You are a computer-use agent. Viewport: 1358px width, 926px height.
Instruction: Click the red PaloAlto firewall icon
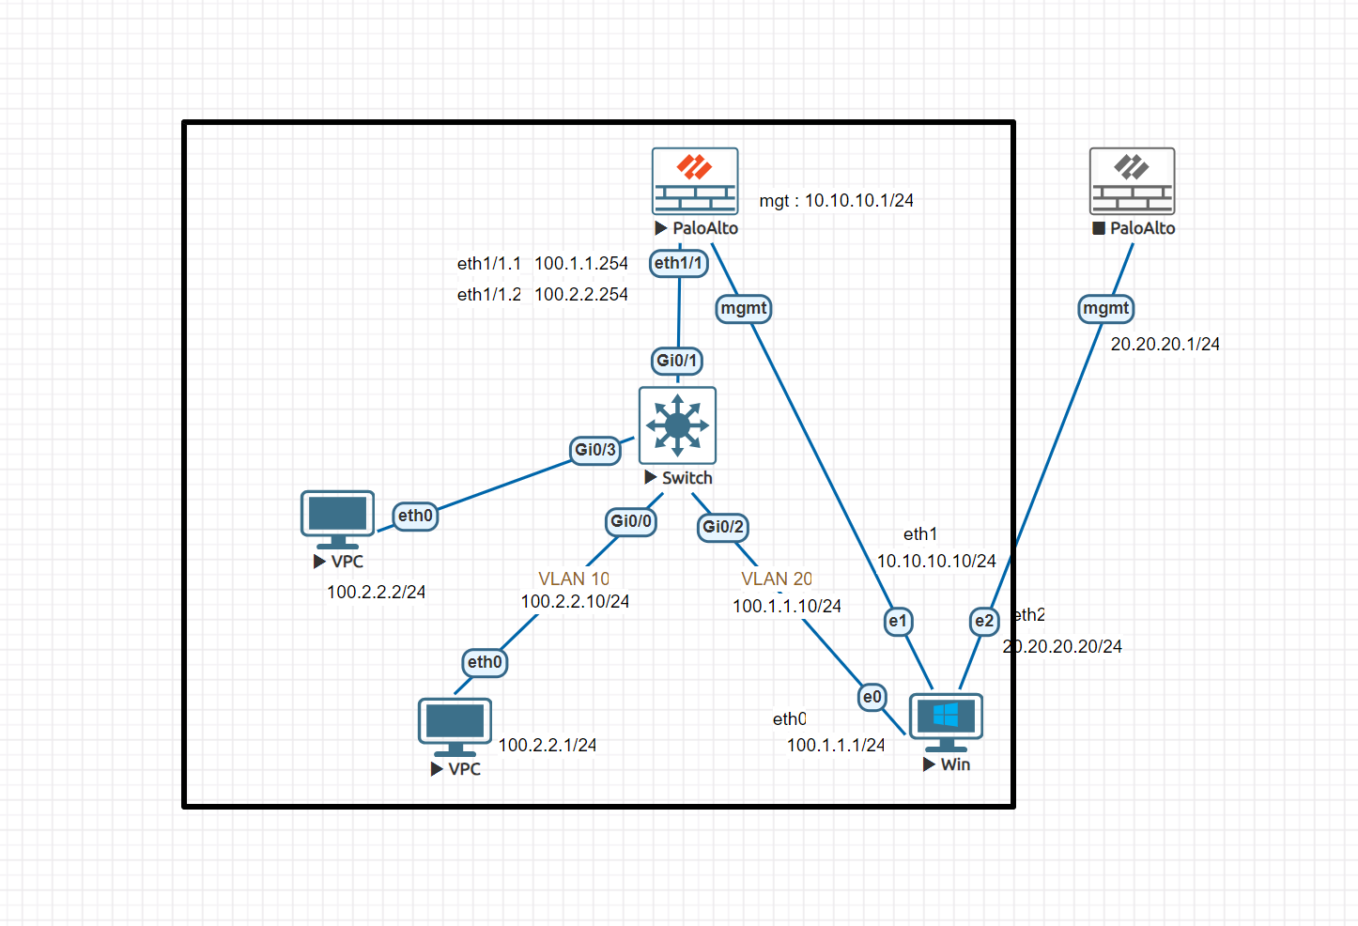[x=695, y=181]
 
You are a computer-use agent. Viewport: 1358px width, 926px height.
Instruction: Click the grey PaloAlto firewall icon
[x=1132, y=181]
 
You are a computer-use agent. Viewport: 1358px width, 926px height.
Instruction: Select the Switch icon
[x=677, y=425]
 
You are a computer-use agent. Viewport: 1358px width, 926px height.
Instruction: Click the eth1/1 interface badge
[x=678, y=263]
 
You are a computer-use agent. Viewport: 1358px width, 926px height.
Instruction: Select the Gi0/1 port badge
[x=677, y=361]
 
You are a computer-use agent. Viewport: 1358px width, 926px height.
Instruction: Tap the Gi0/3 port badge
[x=595, y=450]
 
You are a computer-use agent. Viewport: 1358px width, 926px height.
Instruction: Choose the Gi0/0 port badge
[x=630, y=521]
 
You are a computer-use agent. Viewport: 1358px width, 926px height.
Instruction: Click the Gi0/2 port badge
[x=723, y=527]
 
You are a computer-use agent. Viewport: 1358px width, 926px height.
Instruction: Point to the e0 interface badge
[x=872, y=697]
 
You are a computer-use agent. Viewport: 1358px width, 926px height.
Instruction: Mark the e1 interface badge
[x=899, y=621]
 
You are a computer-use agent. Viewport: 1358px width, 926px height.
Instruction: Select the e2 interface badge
[x=984, y=621]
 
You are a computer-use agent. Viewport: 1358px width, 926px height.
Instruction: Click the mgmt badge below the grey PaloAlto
[x=1105, y=308]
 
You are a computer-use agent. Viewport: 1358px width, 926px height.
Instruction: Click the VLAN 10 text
[x=573, y=579]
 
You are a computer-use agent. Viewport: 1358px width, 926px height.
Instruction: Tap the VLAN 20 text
[x=776, y=579]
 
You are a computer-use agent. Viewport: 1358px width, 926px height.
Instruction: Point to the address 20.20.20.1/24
[x=1165, y=345]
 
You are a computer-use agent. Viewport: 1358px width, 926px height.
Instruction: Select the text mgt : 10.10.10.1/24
[x=836, y=200]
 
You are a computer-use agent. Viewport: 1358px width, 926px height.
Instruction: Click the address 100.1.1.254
[x=581, y=264]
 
